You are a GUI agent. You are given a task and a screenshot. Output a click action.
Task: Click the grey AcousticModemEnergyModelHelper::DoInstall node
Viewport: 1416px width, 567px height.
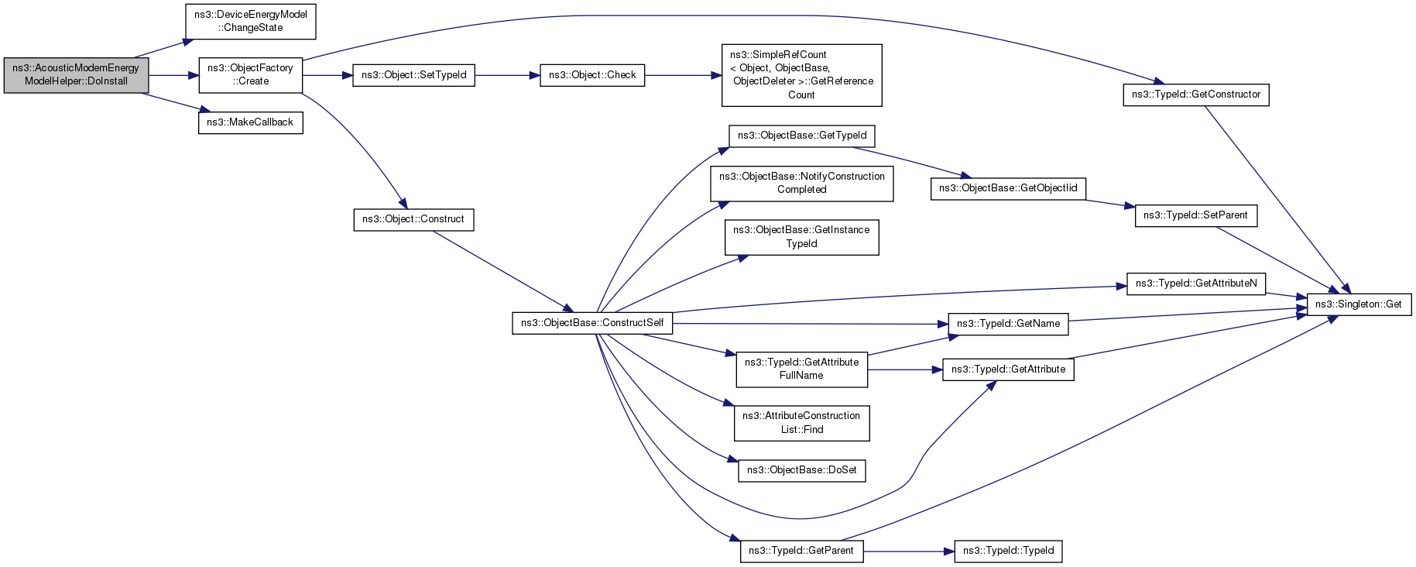(76, 75)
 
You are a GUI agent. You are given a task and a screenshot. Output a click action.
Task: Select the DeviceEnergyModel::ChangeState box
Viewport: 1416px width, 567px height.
(250, 21)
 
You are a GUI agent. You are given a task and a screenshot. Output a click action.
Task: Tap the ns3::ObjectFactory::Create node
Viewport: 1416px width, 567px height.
(250, 75)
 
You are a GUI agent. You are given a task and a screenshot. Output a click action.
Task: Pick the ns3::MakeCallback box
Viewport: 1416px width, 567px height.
(250, 122)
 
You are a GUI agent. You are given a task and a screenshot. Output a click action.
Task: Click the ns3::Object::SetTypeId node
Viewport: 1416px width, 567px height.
(413, 75)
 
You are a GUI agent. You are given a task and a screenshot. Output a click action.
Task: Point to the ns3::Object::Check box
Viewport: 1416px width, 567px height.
(592, 75)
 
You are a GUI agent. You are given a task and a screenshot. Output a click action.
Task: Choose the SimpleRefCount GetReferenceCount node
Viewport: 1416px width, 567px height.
(801, 75)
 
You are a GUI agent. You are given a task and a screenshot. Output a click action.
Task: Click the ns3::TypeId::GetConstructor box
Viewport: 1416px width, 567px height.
(1196, 94)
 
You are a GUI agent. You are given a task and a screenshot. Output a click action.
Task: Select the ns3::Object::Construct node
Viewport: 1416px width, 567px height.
(413, 219)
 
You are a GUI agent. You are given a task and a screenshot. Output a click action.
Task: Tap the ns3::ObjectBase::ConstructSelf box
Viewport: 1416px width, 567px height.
(592, 323)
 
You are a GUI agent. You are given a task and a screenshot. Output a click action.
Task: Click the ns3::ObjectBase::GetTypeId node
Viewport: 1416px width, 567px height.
(801, 136)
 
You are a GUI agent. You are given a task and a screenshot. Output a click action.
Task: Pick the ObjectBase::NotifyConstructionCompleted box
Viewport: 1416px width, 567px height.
(801, 184)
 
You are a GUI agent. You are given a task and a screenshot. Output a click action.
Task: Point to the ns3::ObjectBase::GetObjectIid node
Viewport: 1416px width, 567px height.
(1008, 188)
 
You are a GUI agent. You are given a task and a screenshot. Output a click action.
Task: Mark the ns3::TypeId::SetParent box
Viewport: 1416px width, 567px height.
(1195, 215)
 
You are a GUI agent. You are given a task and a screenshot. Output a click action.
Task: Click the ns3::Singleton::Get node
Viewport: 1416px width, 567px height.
(1359, 304)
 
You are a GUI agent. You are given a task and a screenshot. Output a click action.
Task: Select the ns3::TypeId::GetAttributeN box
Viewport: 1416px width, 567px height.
(1196, 283)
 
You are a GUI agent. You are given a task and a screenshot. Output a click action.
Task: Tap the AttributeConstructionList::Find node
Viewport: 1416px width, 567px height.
(801, 423)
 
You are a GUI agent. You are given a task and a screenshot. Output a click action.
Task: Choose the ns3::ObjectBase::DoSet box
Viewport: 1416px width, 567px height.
(801, 470)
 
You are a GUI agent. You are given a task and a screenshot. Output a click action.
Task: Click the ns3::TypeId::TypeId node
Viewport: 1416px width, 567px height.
(1008, 551)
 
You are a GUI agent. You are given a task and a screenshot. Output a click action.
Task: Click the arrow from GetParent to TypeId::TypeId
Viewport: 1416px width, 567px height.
(909, 551)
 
